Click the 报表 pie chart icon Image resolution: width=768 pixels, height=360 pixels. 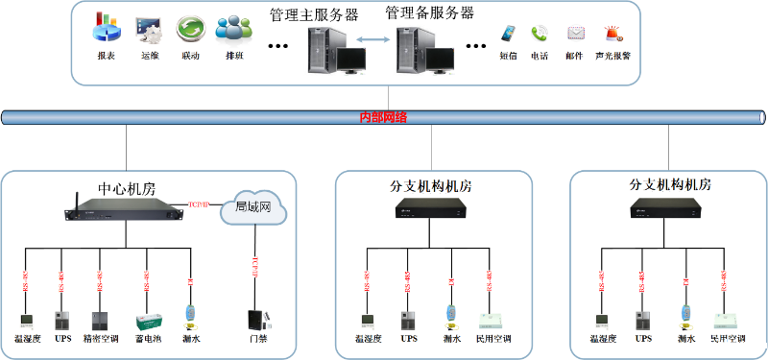[106, 30]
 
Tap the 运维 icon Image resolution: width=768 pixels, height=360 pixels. [148, 30]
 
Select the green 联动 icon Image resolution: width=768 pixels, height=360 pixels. [190, 30]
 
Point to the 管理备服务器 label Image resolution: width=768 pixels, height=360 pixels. [429, 13]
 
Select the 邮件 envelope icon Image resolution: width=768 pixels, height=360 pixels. [575, 33]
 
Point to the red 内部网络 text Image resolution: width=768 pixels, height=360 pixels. [383, 117]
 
